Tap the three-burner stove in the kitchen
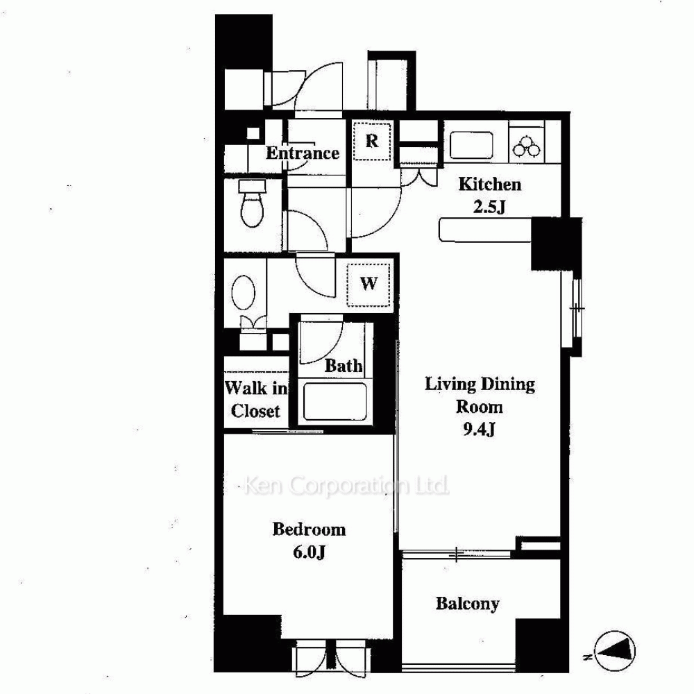pos(527,146)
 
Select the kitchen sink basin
pos(471,145)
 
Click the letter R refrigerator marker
pos(372,141)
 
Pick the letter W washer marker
pos(369,283)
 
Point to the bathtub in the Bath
pos(335,401)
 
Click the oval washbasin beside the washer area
pos(244,292)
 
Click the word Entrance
pos(303,153)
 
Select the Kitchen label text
pos(489,184)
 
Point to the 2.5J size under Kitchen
pos(489,207)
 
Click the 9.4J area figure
pos(479,429)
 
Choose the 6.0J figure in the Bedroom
pos(309,552)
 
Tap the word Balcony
pos(467,604)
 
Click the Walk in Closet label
pos(256,400)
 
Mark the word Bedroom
pos(309,530)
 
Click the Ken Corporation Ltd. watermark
pos(346,486)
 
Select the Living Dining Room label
pos(480,396)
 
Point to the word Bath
pos(344,366)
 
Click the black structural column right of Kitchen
pos(557,244)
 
